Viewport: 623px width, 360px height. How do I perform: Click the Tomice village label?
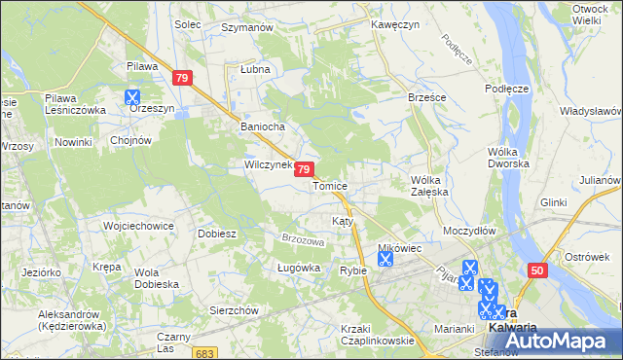tap(330, 185)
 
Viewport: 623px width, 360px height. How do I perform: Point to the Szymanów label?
tap(247, 28)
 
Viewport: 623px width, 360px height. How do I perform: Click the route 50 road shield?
tap(538, 270)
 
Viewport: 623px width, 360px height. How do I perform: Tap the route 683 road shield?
tap(203, 353)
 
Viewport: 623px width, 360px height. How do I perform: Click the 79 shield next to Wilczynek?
tap(305, 169)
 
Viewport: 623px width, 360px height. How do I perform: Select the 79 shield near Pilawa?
tap(181, 77)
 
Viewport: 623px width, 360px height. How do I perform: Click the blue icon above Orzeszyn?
tap(132, 97)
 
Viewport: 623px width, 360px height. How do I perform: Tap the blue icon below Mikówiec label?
tap(385, 259)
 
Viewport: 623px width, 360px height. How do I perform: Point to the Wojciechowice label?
tap(138, 226)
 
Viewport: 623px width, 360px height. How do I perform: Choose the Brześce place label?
tap(399, 98)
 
